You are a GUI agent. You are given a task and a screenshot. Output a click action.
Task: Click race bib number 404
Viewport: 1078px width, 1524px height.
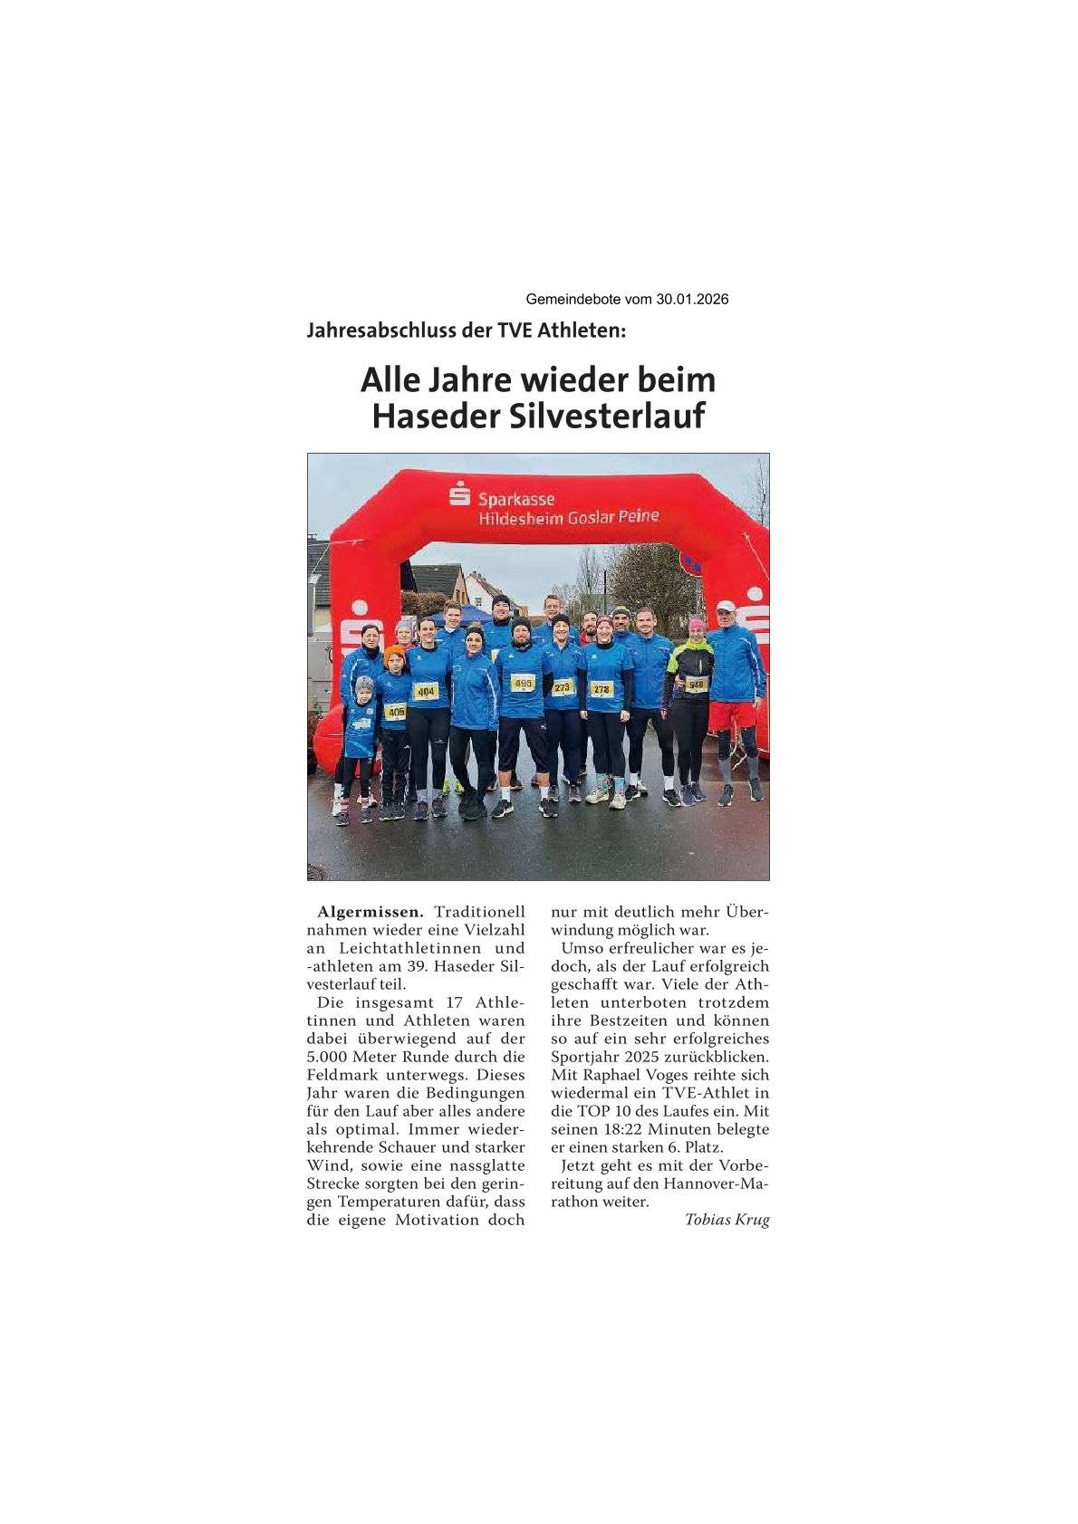click(425, 692)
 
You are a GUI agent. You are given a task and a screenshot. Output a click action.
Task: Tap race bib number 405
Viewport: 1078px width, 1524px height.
click(395, 713)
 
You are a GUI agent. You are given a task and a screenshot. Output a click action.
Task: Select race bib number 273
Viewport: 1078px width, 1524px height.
click(563, 687)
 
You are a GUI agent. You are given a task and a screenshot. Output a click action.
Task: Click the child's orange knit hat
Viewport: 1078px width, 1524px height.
click(393, 652)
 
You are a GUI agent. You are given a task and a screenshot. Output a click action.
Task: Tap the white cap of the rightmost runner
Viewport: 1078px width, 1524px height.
click(726, 606)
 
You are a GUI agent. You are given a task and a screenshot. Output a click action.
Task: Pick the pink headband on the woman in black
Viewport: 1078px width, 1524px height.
click(696, 623)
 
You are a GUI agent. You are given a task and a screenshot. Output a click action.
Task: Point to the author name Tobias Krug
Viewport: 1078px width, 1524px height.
click(727, 1220)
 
